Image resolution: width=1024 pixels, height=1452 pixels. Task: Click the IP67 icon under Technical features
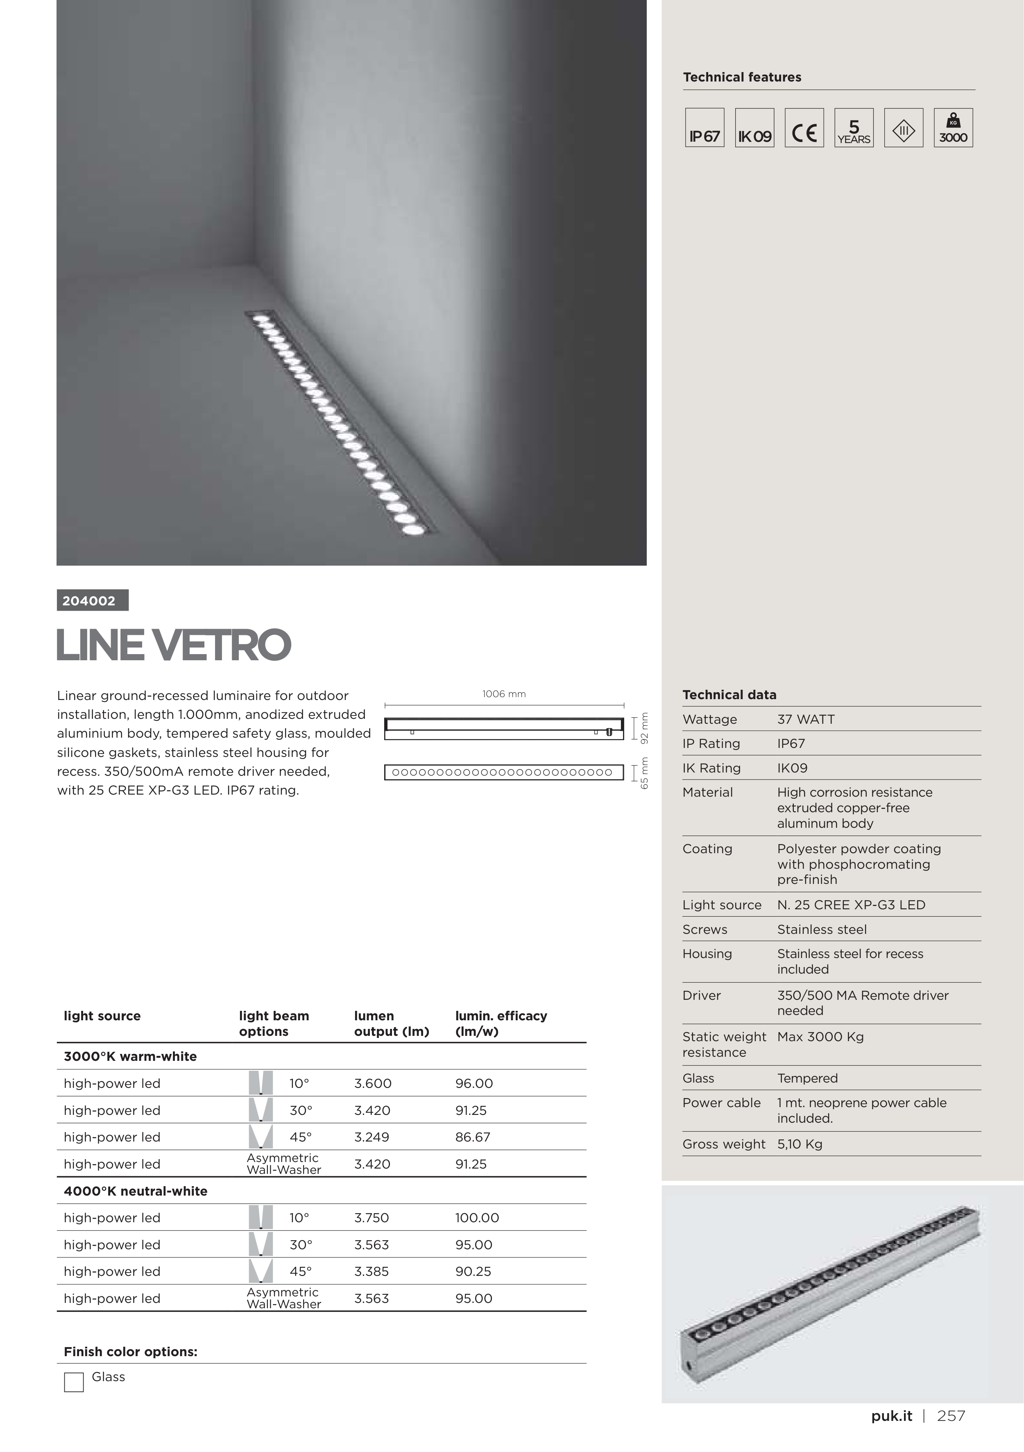point(704,128)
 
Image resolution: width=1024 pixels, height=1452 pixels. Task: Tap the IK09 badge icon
point(754,128)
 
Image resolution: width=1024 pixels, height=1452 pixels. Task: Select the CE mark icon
point(804,128)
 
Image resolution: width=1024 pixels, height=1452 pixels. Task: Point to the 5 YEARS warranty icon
point(854,128)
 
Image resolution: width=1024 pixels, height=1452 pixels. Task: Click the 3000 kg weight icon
point(953,128)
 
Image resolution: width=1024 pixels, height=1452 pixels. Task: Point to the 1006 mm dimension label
point(503,694)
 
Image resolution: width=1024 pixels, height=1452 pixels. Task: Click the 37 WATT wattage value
point(806,719)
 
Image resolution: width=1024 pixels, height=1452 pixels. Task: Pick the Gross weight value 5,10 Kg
point(800,1144)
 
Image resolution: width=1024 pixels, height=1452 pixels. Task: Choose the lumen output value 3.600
point(373,1083)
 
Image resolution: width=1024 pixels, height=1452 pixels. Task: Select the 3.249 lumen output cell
point(372,1137)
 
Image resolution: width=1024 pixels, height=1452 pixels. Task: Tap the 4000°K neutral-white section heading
point(135,1191)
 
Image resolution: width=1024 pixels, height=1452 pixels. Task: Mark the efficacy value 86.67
point(472,1137)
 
